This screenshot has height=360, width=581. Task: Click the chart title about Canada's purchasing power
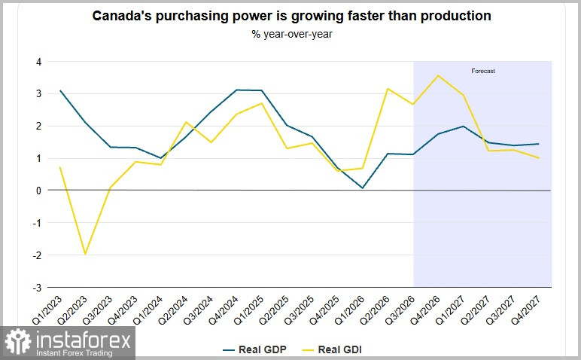pyautogui.click(x=291, y=16)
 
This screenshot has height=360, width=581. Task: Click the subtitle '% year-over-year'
pyautogui.click(x=292, y=34)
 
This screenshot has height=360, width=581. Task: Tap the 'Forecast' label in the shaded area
pyautogui.click(x=483, y=71)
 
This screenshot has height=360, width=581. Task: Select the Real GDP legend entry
pyautogui.click(x=254, y=349)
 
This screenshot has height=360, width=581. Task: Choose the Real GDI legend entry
pyautogui.click(x=332, y=349)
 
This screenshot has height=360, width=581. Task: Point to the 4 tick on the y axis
pyautogui.click(x=38, y=62)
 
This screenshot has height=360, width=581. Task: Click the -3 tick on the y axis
pyautogui.click(x=37, y=288)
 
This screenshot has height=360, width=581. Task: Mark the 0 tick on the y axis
pyautogui.click(x=38, y=191)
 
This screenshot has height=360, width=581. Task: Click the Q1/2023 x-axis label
pyautogui.click(x=47, y=310)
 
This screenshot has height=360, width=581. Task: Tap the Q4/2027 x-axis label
pyautogui.click(x=525, y=310)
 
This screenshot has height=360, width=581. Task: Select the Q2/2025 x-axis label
pyautogui.click(x=273, y=310)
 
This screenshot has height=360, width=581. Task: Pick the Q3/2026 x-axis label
pyautogui.click(x=400, y=310)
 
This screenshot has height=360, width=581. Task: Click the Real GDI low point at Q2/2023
pyautogui.click(x=85, y=254)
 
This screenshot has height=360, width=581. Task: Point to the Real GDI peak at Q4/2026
pyautogui.click(x=438, y=75)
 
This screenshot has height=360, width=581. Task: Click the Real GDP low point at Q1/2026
pyautogui.click(x=363, y=188)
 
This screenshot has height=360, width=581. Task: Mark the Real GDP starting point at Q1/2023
pyautogui.click(x=60, y=90)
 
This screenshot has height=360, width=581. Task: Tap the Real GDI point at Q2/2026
pyautogui.click(x=388, y=89)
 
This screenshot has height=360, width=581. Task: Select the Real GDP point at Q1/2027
pyautogui.click(x=463, y=126)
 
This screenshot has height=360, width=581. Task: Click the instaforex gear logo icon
pyautogui.click(x=17, y=341)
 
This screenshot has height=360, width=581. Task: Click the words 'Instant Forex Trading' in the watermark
pyautogui.click(x=74, y=353)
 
